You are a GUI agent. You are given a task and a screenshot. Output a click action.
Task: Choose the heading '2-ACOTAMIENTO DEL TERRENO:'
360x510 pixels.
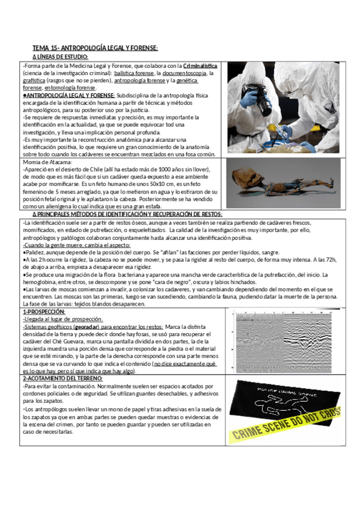click(x=63, y=379)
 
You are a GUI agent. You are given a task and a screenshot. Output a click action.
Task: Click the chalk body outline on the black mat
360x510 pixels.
click(x=282, y=404)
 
